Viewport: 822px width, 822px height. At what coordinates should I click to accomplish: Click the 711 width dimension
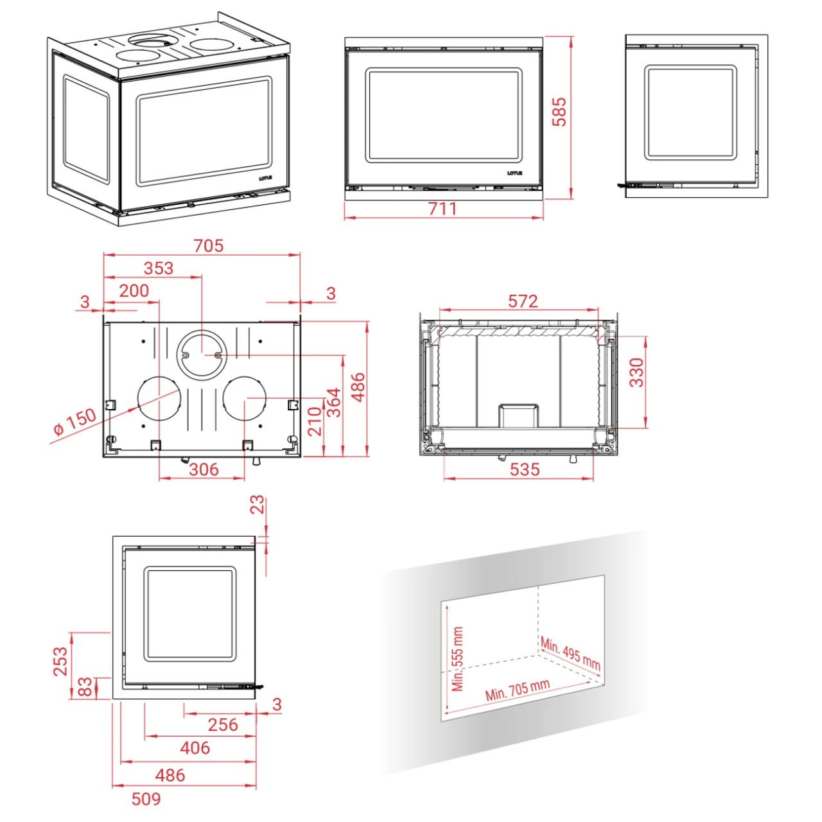click(442, 209)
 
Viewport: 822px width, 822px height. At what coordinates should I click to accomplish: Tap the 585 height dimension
click(559, 112)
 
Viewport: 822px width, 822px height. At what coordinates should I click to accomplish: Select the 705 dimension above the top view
click(209, 246)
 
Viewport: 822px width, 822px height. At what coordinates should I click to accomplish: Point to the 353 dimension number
click(159, 268)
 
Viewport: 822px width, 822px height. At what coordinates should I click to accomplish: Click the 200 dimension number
click(134, 291)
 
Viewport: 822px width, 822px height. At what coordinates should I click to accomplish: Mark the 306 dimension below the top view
click(204, 469)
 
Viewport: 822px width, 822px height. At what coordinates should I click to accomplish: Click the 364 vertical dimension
click(333, 402)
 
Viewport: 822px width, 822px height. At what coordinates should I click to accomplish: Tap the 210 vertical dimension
click(315, 421)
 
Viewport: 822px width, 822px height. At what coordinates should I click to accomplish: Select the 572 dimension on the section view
click(523, 302)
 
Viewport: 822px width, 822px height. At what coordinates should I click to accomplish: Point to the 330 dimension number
click(636, 372)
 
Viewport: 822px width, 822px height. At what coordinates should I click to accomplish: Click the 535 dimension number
click(525, 469)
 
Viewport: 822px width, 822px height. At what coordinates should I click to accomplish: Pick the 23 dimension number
click(258, 505)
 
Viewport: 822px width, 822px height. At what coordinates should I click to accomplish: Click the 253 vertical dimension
click(60, 661)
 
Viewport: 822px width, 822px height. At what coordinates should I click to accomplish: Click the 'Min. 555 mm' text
click(457, 659)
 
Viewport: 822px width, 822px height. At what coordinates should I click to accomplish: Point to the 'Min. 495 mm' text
click(571, 654)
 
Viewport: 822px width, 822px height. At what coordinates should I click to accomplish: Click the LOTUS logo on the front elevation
click(515, 173)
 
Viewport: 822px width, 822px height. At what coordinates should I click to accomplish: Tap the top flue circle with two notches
click(202, 353)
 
